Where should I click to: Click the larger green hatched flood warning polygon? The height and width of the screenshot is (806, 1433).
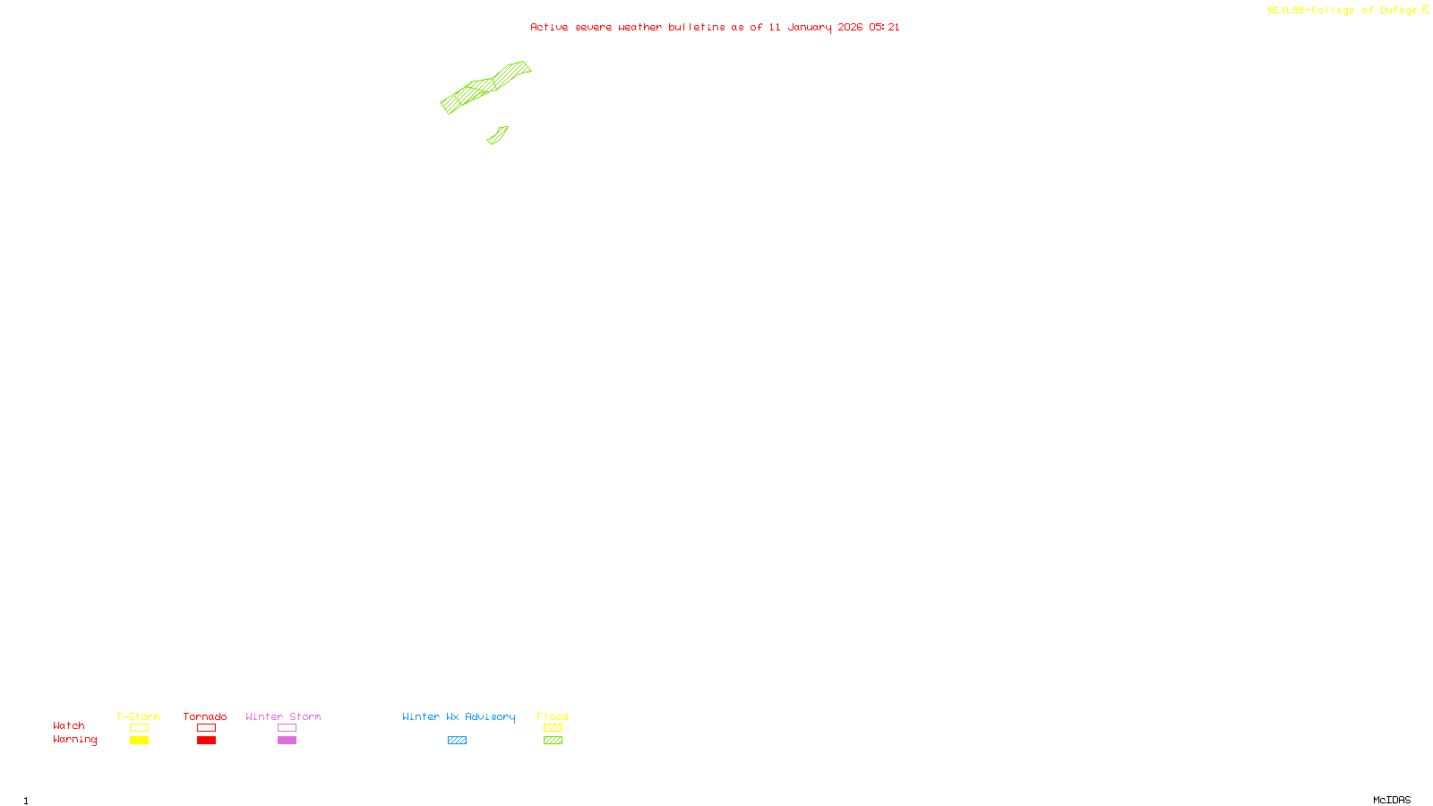[x=484, y=86]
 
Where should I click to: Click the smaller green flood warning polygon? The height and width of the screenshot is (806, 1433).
[x=498, y=135]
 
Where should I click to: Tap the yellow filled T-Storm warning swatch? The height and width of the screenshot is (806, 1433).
[x=139, y=741]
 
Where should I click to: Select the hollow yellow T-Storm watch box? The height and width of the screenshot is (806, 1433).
[x=139, y=728]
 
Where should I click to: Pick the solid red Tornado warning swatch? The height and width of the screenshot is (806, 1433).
[x=206, y=741]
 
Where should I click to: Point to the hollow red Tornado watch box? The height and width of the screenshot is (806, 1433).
[x=206, y=728]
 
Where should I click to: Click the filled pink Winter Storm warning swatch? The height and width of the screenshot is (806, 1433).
[x=287, y=741]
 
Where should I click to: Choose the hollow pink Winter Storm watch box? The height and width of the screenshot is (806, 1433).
[x=287, y=728]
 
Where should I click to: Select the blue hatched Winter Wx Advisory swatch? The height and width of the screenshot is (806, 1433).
[x=457, y=741]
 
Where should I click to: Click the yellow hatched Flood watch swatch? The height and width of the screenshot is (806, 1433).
[x=553, y=728]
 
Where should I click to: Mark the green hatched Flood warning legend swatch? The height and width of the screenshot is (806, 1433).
[x=553, y=741]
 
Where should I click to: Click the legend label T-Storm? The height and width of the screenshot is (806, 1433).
[x=138, y=716]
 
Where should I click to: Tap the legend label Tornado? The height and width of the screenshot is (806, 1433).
[x=205, y=716]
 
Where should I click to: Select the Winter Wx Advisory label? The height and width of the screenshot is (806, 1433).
[x=459, y=716]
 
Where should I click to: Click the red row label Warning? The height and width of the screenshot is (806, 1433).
[x=74, y=740]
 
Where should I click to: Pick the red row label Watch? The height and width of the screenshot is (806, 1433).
[x=69, y=725]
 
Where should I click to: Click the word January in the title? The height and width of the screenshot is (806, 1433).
[x=809, y=27]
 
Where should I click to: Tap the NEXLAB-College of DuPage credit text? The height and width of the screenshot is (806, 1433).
[x=1342, y=10]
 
